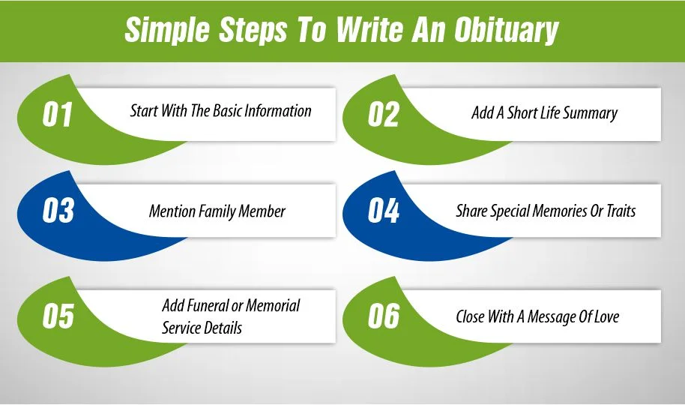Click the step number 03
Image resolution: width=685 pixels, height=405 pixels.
(58, 211)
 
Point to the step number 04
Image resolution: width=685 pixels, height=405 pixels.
(384, 211)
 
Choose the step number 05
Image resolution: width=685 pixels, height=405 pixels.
(58, 316)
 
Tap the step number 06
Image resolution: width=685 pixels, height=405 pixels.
(384, 316)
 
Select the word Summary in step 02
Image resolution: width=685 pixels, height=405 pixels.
(590, 113)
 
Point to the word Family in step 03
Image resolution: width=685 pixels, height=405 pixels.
(217, 211)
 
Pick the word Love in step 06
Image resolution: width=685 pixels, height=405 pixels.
(604, 316)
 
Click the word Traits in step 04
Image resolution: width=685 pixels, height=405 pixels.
(618, 211)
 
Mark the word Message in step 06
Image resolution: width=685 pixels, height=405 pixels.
(552, 316)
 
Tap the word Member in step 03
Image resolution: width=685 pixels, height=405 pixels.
(262, 211)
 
